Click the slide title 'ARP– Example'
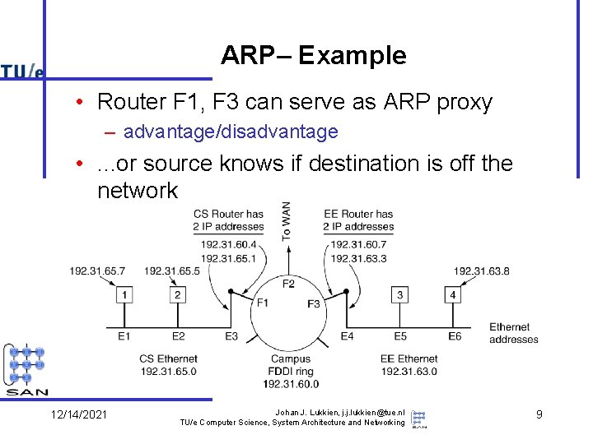[x=313, y=56]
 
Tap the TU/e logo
[x=22, y=72]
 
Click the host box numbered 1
[x=124, y=294]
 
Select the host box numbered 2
[x=177, y=294]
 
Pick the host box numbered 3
[x=399, y=294]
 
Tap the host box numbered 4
[x=452, y=294]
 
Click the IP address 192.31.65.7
[x=97, y=271]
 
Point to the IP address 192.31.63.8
[x=481, y=271]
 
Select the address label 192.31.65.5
[x=171, y=271]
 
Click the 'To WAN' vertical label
[x=286, y=220]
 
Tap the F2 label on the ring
[x=288, y=284]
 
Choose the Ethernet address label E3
[x=231, y=335]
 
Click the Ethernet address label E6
[x=455, y=335]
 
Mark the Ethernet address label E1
[x=124, y=335]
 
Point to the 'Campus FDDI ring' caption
[x=290, y=371]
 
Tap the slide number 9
[x=539, y=414]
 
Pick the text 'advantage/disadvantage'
[x=231, y=132]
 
